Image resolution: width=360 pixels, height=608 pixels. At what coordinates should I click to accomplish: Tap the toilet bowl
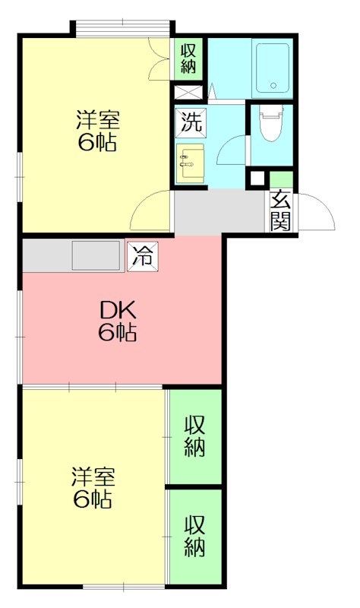point(272,125)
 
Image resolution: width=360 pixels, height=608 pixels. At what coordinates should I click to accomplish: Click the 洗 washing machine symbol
point(190,121)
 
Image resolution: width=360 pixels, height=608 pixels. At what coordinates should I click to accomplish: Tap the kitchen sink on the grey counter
point(96,255)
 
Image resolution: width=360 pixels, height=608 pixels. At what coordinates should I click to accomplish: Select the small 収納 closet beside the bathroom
point(188,58)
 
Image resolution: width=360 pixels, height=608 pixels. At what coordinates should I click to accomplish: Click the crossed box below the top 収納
point(188,92)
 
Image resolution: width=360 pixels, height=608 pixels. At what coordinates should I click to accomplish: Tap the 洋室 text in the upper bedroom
point(97,120)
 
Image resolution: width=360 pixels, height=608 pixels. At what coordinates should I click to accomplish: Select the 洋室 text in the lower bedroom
point(93,477)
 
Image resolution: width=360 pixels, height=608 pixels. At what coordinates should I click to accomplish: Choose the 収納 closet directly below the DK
point(195,435)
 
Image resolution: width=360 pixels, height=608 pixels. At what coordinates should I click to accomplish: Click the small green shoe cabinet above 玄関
point(280,180)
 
